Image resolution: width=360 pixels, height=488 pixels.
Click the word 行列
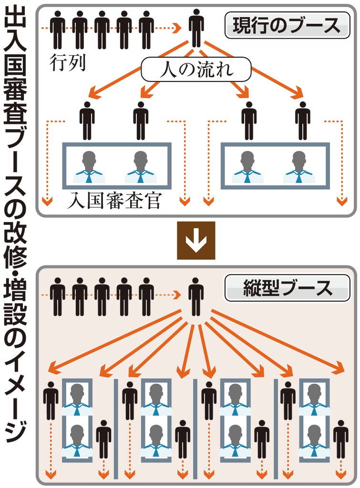tap(67, 62)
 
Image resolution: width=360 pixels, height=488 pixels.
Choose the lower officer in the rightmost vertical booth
tap(314, 441)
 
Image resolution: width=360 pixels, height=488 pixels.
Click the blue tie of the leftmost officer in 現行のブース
tap(89, 177)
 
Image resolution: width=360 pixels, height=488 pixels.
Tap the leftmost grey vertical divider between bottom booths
tap(116, 428)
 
